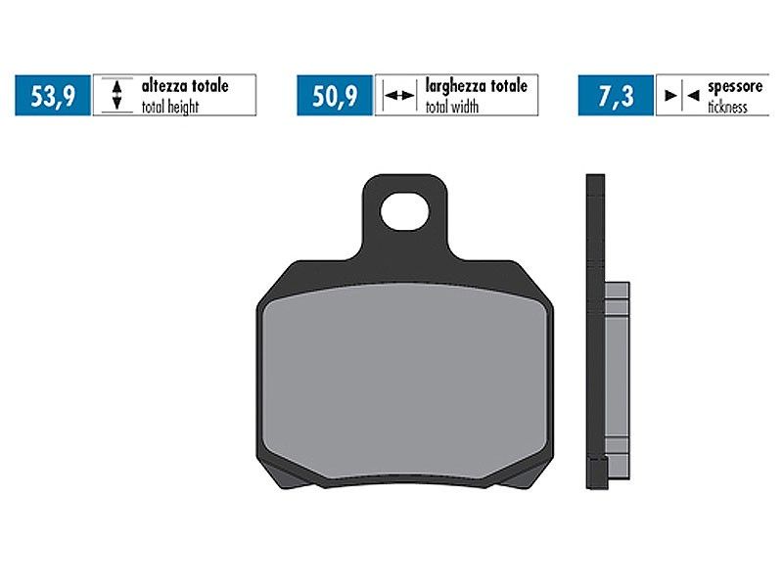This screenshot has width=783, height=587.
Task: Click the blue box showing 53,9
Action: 53,95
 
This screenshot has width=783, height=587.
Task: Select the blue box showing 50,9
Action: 335,95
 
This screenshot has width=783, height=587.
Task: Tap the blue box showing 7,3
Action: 616,95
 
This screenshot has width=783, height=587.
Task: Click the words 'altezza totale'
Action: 185,86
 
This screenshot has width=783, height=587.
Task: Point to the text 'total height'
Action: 170,107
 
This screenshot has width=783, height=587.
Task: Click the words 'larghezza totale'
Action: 477,86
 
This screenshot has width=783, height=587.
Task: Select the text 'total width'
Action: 452,107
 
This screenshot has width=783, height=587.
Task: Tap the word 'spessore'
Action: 735,87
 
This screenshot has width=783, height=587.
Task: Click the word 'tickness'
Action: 727,107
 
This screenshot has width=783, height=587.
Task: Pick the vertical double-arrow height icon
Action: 116,95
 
